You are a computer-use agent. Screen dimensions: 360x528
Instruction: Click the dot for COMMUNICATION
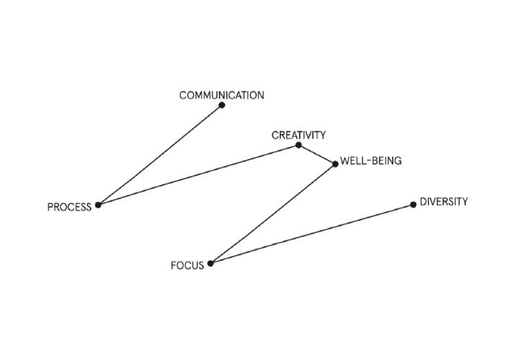point(222,105)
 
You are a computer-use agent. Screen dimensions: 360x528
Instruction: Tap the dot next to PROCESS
point(98,204)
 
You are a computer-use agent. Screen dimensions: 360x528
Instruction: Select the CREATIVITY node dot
point(298,145)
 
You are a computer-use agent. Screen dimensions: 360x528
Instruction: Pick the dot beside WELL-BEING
point(335,164)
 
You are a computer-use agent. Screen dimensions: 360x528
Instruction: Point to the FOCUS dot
point(210,264)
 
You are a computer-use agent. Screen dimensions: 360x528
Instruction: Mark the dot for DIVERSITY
point(413,204)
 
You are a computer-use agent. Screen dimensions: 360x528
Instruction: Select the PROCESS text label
point(69,207)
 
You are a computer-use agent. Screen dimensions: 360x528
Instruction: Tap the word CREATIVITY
point(298,135)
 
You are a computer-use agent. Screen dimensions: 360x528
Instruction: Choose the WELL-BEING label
point(371,161)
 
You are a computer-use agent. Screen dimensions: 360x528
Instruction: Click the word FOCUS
point(187,266)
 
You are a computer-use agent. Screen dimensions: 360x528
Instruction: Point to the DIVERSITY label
point(444,202)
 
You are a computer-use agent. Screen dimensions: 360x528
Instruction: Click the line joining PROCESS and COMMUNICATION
point(160,155)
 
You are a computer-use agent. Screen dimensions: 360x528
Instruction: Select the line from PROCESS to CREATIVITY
point(198,175)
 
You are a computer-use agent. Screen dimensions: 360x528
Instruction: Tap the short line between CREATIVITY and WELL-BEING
point(317,155)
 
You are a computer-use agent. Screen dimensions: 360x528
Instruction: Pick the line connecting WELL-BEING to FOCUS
point(272,214)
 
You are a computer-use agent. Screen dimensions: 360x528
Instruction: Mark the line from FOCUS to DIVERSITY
point(311,234)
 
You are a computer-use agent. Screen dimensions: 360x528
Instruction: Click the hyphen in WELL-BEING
point(369,161)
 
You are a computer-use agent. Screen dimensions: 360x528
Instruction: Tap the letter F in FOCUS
point(174,266)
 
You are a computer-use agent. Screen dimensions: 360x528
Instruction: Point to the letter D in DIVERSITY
point(423,202)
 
